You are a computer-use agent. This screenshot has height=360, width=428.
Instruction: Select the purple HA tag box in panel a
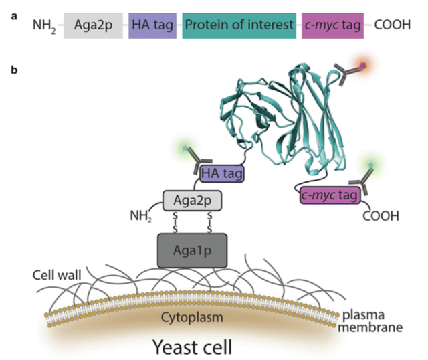coord(152,26)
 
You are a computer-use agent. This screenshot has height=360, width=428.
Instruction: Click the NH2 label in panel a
coord(45,27)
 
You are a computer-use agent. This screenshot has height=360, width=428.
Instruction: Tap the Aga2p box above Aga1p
coord(192,199)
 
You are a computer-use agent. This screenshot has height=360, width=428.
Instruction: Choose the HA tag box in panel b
coord(221,175)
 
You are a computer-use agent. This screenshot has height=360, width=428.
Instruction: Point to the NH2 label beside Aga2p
coord(140,217)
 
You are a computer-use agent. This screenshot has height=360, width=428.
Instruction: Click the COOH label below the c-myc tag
coord(381,217)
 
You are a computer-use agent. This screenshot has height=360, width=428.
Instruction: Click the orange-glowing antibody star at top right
coord(364,65)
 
